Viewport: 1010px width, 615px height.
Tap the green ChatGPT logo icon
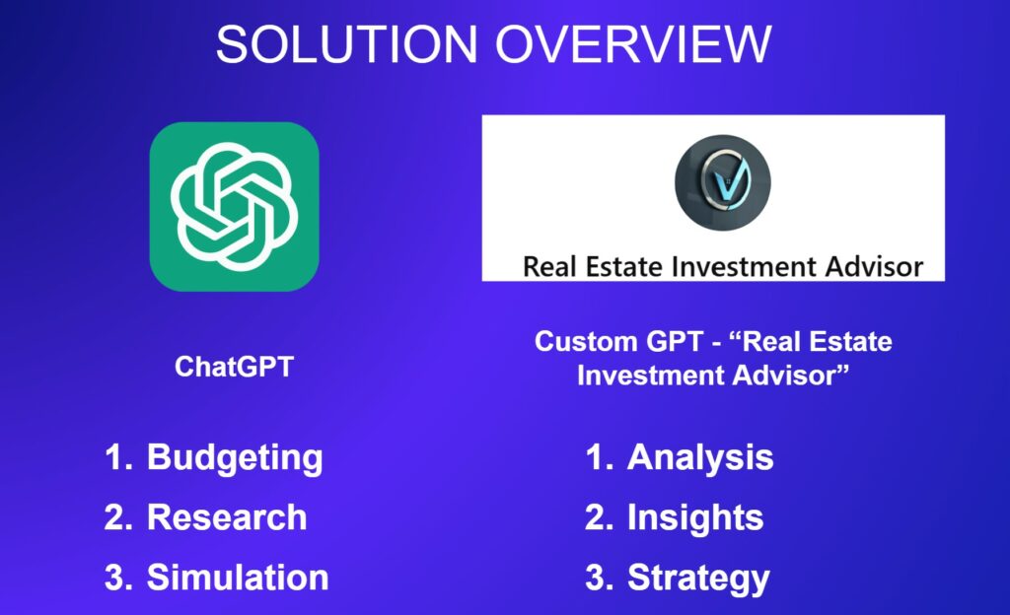235,207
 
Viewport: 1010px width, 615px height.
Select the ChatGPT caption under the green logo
235,367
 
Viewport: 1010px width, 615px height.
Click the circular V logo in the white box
723,182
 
